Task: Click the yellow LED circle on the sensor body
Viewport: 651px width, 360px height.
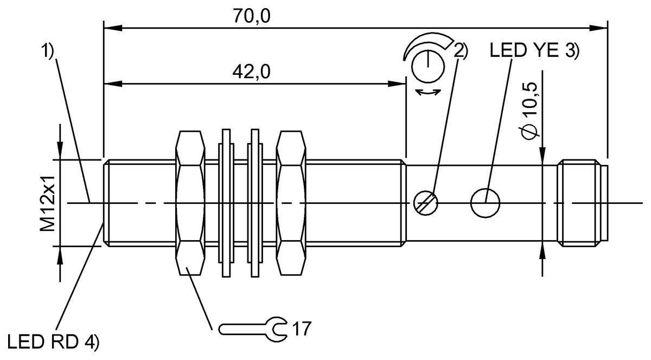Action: click(486, 203)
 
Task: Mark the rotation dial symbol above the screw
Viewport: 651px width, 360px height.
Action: click(428, 65)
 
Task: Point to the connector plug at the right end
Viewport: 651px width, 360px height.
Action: click(583, 203)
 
